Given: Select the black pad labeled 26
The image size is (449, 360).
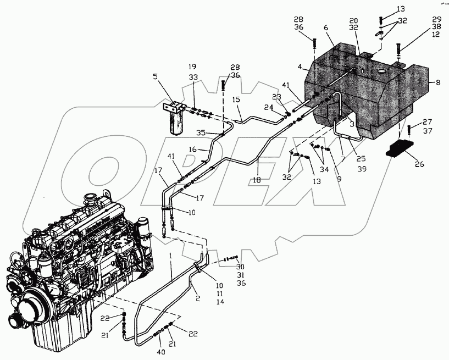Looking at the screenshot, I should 400,149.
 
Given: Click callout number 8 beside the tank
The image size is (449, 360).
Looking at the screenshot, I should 438,82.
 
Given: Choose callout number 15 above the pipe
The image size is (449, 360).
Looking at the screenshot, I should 236,99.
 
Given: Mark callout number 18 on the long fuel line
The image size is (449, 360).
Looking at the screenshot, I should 257,179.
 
